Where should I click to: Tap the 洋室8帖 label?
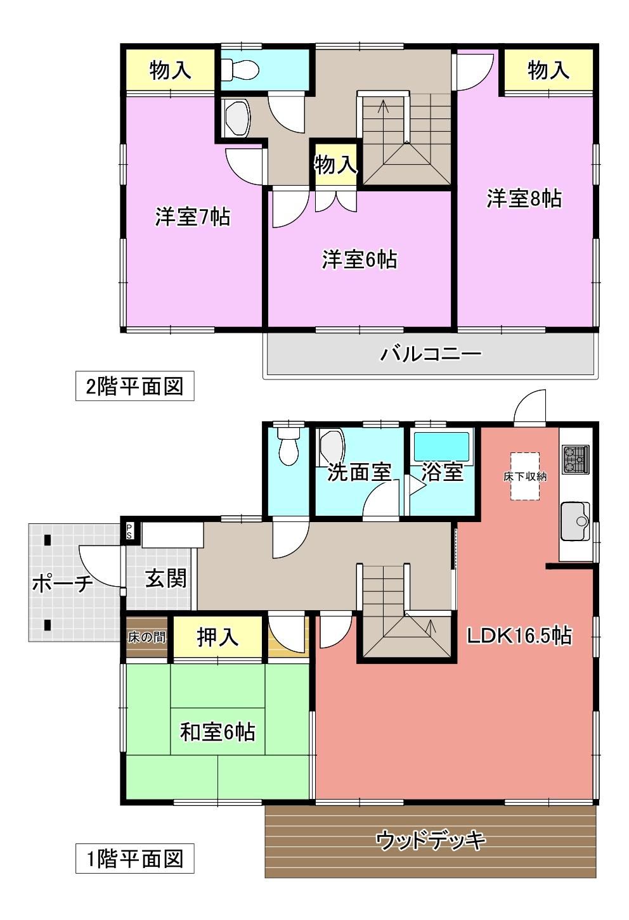[x=524, y=199]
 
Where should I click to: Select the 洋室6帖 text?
[x=360, y=260]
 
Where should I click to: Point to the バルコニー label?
[x=431, y=354]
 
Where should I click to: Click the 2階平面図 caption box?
[x=135, y=386]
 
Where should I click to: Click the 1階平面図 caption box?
[x=135, y=859]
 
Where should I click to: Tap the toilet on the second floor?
[x=240, y=70]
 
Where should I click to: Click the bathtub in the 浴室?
[x=441, y=447]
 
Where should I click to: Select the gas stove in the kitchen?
[x=576, y=459]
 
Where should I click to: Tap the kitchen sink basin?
[x=575, y=521]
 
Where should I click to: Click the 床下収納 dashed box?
[x=525, y=476]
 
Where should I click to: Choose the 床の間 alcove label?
[x=146, y=638]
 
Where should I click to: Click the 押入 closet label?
[x=217, y=637]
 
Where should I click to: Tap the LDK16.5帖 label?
[x=519, y=636]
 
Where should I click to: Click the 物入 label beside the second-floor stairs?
[x=335, y=165]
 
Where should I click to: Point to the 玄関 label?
[x=166, y=578]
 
